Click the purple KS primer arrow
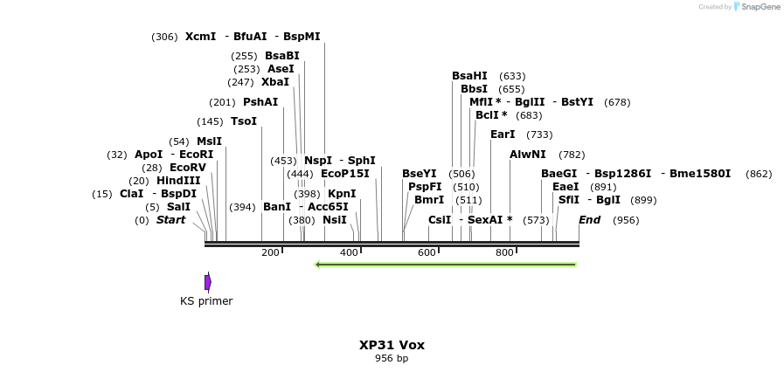click(208, 282)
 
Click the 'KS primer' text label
click(206, 301)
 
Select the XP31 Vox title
click(392, 345)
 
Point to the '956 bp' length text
click(392, 358)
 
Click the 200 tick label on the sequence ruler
click(270, 252)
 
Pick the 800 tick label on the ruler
click(504, 252)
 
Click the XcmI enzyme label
click(200, 37)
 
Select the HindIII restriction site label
click(178, 181)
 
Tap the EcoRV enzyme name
click(187, 168)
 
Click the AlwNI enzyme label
click(528, 155)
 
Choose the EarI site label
click(503, 134)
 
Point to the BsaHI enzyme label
click(469, 76)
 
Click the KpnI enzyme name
click(342, 194)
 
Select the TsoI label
click(244, 121)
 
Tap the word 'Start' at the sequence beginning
click(170, 220)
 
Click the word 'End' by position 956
click(589, 220)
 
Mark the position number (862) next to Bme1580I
click(759, 174)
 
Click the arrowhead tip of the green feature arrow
click(316, 265)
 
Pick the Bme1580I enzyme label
click(700, 174)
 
